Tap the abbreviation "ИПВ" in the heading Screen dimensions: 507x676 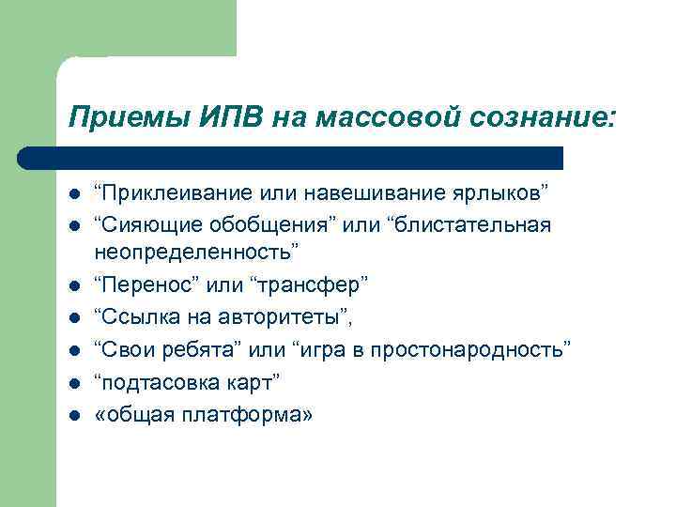click(228, 119)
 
